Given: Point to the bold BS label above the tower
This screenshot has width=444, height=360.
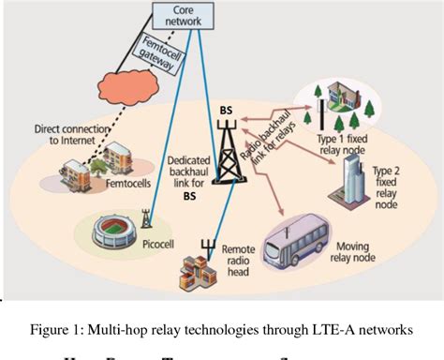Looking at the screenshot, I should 227,111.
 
